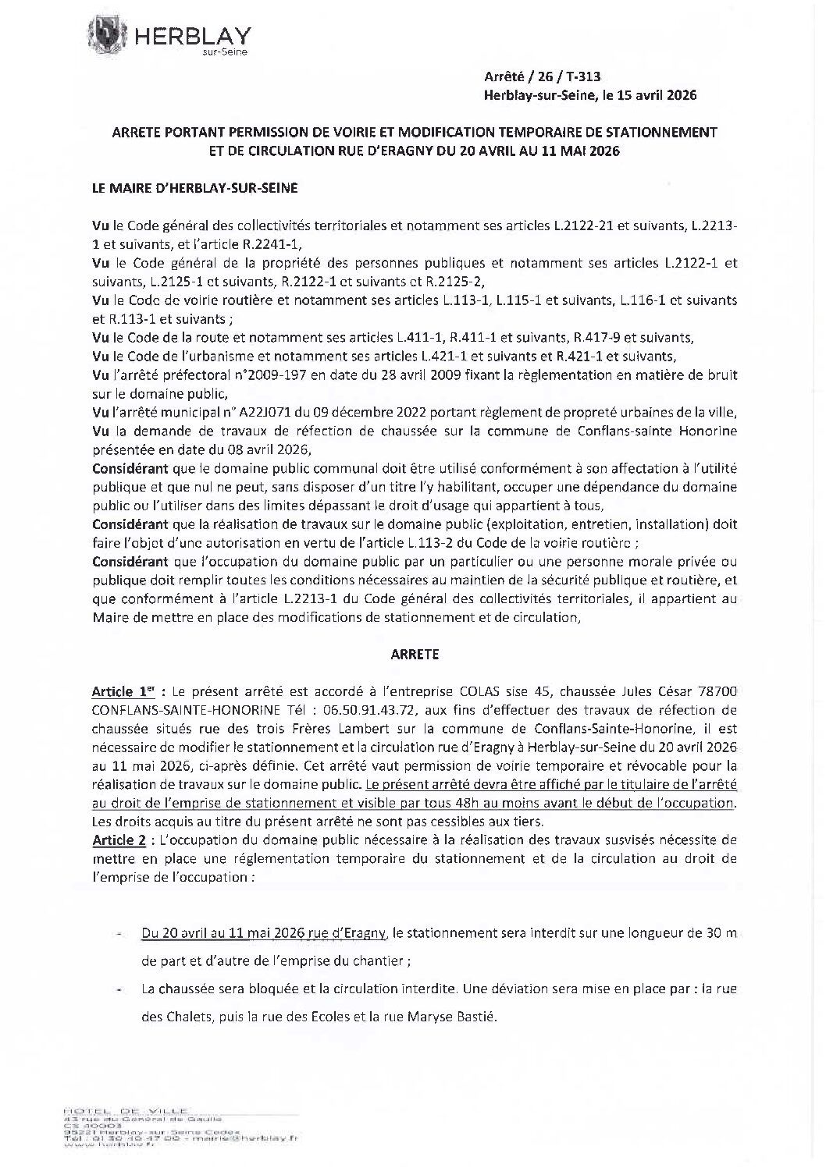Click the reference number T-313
click(583, 76)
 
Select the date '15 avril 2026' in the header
click(657, 95)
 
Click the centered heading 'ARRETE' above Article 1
click(414, 655)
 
